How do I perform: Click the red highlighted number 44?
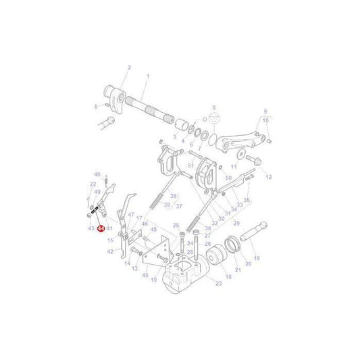coord(101,229)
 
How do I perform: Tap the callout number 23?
coord(218,283)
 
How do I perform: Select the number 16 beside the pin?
coord(256,257)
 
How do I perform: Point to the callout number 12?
coord(268,176)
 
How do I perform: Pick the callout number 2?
coord(128,68)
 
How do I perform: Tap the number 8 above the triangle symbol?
coord(214,107)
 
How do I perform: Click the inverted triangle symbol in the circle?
coord(214,119)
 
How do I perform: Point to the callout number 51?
coord(190,165)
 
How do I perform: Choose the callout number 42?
coord(110,251)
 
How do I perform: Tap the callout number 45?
coord(145,276)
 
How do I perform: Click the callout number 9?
coord(265,112)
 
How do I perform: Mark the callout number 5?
coord(95,105)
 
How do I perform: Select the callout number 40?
coord(97,174)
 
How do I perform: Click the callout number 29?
coord(236,222)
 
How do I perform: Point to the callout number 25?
coord(176,225)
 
